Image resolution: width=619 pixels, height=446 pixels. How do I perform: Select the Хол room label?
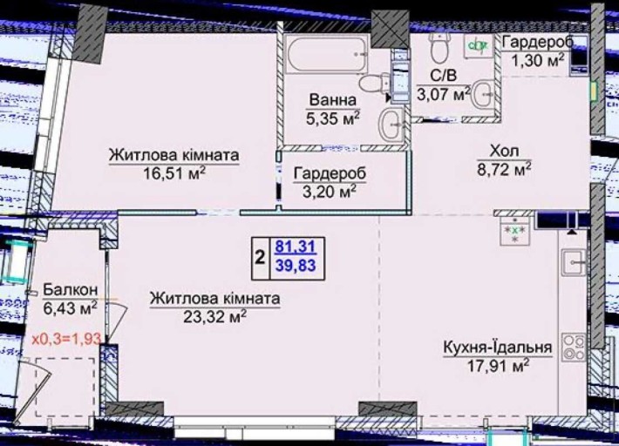point(504,152)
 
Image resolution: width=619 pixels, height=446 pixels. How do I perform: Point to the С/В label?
point(440,75)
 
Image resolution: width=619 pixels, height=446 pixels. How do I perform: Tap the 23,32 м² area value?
point(215,317)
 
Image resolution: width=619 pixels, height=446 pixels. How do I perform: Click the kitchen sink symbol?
point(575,260)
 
